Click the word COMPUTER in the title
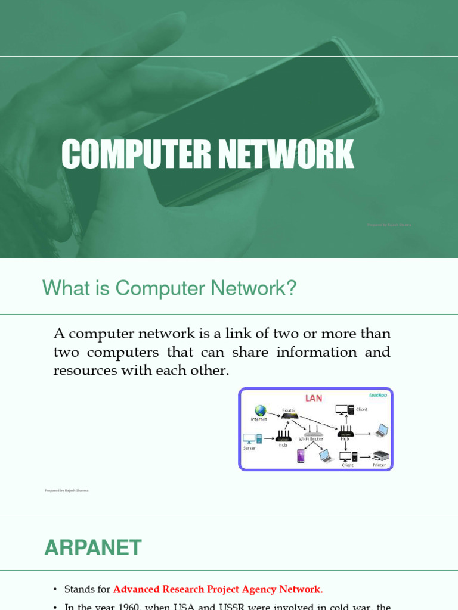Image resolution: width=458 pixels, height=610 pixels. point(135,154)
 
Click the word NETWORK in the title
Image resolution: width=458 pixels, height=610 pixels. point(284,154)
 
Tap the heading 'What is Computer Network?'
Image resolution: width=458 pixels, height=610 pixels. point(169,288)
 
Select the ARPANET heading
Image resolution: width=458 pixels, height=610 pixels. point(93,547)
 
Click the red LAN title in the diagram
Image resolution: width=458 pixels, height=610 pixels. point(314,397)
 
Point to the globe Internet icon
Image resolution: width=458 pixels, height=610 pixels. point(260,411)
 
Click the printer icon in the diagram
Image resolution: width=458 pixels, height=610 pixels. point(380,457)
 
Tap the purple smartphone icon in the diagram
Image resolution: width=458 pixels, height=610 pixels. point(301,456)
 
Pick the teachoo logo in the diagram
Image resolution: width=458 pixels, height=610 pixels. point(378,394)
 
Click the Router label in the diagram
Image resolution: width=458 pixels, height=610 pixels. point(289,410)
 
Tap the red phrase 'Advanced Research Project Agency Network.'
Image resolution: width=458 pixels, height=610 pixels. point(218,589)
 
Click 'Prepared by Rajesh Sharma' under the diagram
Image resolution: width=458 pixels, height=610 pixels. point(67,490)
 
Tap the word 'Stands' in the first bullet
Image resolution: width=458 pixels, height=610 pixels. point(80,589)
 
